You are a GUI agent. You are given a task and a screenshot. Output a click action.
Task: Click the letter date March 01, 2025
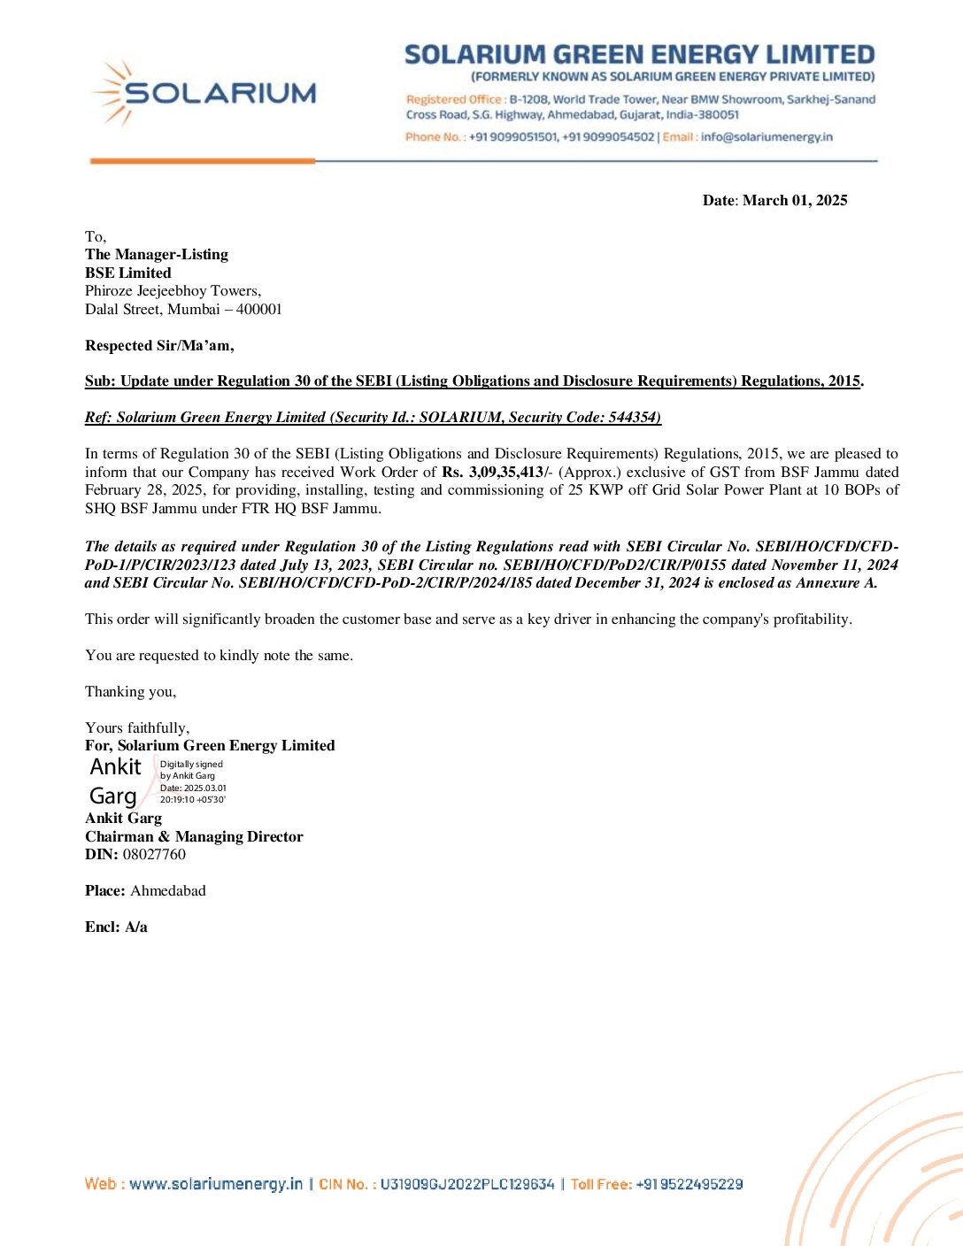point(795,201)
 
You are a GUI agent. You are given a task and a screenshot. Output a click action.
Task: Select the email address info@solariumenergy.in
point(767,137)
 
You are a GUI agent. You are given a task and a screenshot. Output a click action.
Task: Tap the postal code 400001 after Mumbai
point(258,310)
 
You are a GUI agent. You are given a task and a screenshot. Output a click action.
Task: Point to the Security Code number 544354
point(633,418)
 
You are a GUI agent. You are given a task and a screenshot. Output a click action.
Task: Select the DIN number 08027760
point(154,855)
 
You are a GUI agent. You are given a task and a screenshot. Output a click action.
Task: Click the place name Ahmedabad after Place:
point(167,891)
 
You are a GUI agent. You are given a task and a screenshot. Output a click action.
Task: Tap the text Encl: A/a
point(116,927)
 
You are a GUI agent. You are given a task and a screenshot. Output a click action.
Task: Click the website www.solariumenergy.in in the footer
point(216,1184)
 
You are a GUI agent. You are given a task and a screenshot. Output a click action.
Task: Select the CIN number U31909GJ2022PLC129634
point(467,1184)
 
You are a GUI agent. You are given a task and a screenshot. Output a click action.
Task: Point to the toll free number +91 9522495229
point(690,1184)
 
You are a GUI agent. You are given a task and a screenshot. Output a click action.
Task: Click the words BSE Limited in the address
point(128,273)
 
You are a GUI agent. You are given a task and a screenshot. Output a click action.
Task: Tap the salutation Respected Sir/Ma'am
point(159,346)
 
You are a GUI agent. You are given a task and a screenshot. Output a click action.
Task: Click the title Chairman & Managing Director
point(194,837)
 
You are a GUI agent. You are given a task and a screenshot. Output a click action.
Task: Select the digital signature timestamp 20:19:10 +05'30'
point(193,800)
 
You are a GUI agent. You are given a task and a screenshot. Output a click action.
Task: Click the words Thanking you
point(130,692)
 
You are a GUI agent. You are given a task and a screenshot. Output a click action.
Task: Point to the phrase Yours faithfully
point(137,728)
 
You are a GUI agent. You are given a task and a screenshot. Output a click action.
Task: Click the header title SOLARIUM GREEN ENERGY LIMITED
point(639,55)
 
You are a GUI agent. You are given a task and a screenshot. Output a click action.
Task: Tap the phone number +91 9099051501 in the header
point(513,137)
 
